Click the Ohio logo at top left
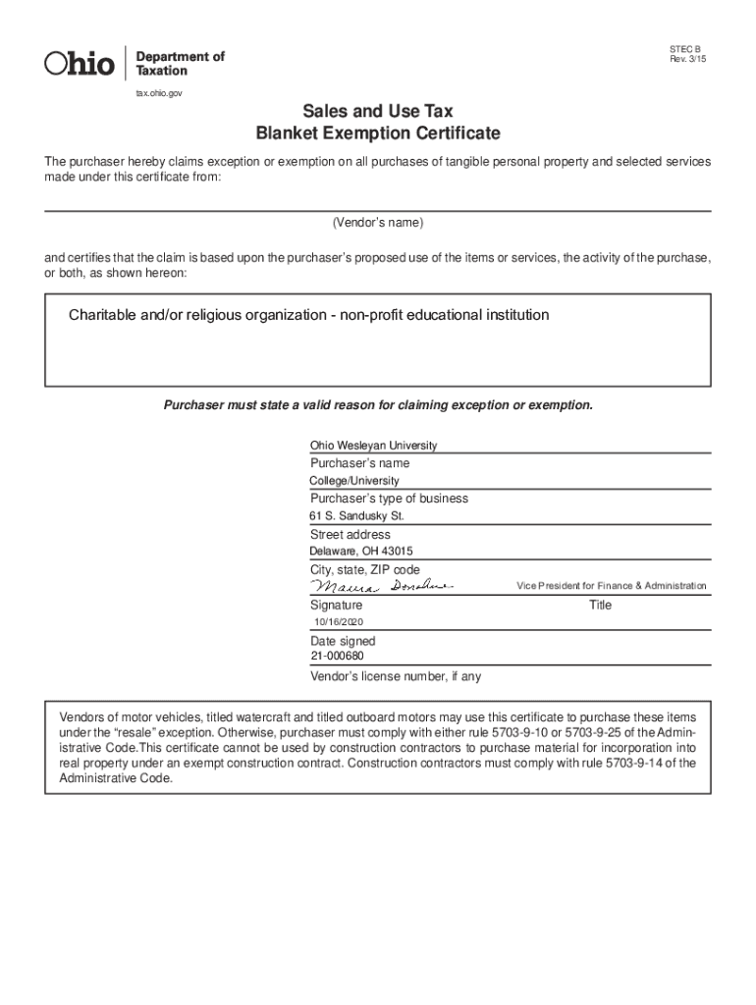80,64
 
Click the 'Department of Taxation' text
179,64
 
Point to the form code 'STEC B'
685,49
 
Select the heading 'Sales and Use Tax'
377,112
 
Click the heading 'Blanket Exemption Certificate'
377,133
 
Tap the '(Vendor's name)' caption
377,223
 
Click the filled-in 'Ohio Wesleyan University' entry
373,446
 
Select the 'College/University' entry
354,481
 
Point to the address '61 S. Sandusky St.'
356,516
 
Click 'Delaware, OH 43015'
361,552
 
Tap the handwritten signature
381,586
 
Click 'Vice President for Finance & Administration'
611,586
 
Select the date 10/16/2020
338,623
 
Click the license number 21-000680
337,658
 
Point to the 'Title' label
600,606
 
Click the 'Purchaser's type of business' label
389,499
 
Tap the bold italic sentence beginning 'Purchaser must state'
377,405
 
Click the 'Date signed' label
343,641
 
